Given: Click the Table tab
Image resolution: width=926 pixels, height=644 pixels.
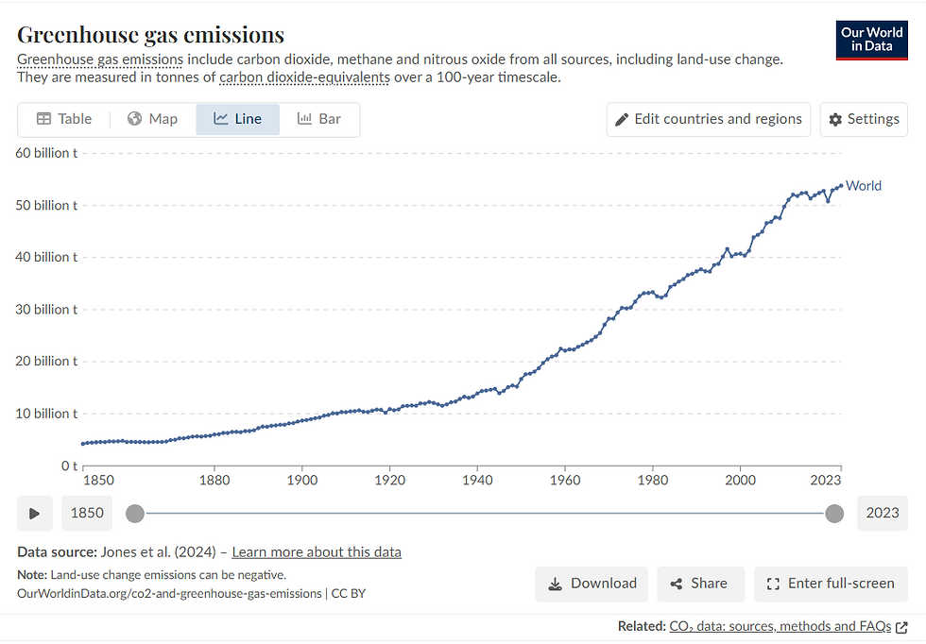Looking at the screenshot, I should click(64, 119).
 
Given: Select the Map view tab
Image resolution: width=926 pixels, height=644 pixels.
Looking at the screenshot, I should click(152, 119).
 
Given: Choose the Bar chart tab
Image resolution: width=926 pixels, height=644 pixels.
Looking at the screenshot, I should click(318, 119).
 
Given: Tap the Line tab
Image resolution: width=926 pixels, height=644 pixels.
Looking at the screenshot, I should click(237, 119).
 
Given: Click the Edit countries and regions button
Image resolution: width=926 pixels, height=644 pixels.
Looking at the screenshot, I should click(708, 119).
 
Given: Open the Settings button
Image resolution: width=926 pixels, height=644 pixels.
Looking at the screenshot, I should click(864, 119).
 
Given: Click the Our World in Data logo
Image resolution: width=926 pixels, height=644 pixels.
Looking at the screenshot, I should click(871, 40).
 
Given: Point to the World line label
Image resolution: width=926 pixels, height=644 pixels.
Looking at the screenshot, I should click(864, 186).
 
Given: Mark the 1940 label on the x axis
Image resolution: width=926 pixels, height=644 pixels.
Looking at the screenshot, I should click(477, 480).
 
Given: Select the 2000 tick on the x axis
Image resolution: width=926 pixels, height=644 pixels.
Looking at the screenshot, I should click(740, 480).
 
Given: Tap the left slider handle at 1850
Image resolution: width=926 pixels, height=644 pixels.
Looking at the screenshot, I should click(135, 514).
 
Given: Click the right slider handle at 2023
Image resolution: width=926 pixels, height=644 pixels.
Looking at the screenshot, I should click(834, 514).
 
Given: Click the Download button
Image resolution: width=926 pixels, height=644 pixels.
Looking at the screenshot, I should click(592, 584).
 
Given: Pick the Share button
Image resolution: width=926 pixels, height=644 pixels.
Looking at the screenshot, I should click(701, 584).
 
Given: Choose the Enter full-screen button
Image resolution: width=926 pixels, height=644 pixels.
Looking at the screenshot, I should click(831, 584).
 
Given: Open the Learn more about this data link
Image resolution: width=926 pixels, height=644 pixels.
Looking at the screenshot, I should click(317, 552).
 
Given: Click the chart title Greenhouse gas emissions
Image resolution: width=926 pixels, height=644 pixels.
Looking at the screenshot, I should click(151, 35).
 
